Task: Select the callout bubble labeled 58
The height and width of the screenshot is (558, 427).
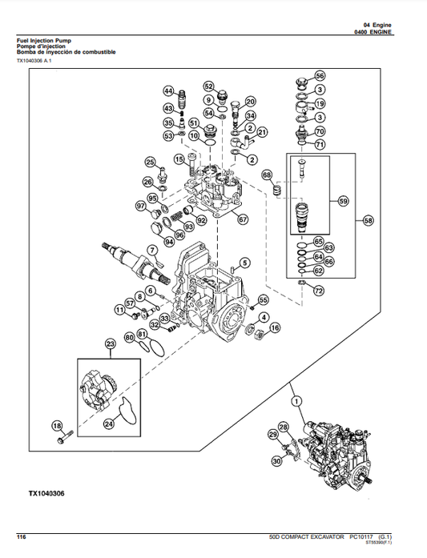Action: (x=369, y=219)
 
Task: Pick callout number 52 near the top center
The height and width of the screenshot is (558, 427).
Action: (x=208, y=86)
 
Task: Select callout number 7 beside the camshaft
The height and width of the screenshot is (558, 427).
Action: (x=153, y=250)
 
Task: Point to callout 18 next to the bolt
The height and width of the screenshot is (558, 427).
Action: (x=57, y=425)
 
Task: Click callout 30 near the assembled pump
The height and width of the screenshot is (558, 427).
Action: (x=276, y=461)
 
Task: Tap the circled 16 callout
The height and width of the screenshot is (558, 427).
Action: (x=275, y=327)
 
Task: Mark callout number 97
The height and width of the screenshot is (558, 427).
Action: (x=141, y=207)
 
